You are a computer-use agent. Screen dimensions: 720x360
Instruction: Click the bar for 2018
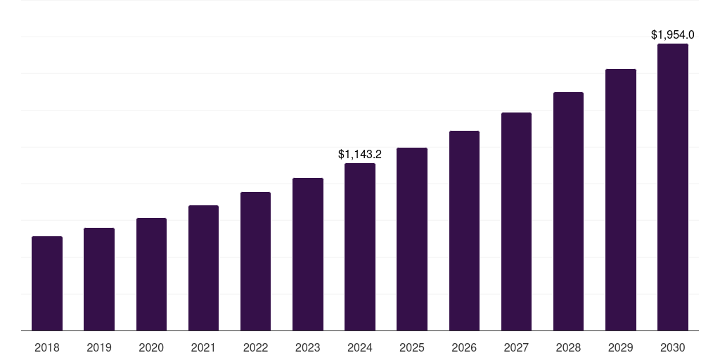click(x=47, y=283)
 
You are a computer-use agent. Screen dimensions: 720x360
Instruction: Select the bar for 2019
click(x=99, y=279)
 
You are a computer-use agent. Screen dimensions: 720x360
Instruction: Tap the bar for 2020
click(x=152, y=274)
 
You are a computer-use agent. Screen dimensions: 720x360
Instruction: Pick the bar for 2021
click(x=203, y=268)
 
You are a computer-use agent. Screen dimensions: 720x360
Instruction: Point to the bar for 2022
click(x=255, y=262)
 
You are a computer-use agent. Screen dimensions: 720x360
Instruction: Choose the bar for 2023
click(x=308, y=255)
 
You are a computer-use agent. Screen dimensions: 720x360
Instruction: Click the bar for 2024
click(x=360, y=247)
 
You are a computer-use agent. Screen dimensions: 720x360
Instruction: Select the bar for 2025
click(x=412, y=239)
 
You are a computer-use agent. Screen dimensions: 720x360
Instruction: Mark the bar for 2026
click(x=464, y=231)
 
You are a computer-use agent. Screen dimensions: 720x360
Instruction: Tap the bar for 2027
click(x=516, y=221)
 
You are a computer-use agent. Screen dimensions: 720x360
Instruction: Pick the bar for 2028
click(x=568, y=212)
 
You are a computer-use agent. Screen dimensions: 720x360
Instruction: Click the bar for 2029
click(x=621, y=200)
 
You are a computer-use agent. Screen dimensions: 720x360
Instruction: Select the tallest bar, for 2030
click(x=673, y=187)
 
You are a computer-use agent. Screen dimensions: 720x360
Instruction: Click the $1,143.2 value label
click(x=360, y=154)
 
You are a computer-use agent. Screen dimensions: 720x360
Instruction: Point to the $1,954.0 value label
click(x=673, y=34)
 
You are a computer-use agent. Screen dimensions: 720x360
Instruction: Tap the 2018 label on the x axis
click(x=47, y=347)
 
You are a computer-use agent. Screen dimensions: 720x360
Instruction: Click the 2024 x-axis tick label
click(x=360, y=347)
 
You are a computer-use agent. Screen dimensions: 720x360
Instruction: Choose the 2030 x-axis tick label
click(x=673, y=347)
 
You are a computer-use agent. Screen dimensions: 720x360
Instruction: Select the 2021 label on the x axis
click(x=203, y=347)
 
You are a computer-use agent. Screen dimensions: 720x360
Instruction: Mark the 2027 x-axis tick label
click(x=516, y=347)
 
